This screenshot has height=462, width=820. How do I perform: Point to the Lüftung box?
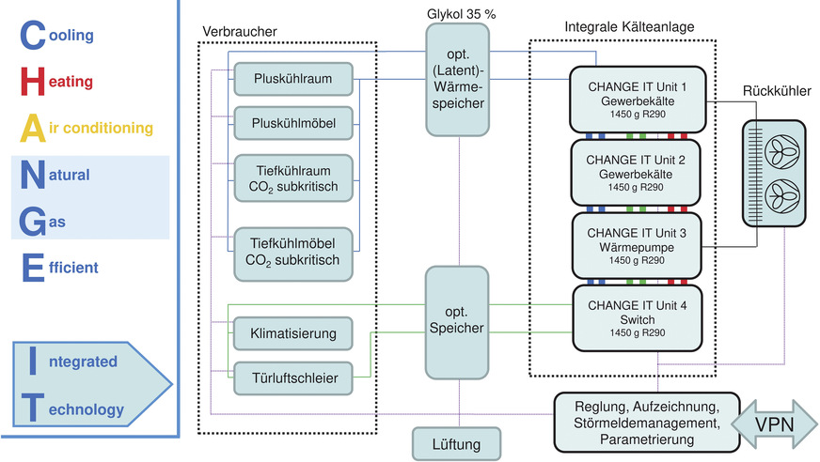pyautogui.click(x=457, y=442)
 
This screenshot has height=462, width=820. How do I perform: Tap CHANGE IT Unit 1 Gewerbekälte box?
pyautogui.click(x=639, y=99)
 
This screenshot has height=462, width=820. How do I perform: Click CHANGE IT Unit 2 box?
pyautogui.click(x=639, y=172)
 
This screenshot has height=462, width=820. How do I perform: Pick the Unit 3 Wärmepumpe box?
pyautogui.click(x=639, y=245)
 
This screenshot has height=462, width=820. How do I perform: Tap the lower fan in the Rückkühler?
pyautogui.click(x=778, y=194)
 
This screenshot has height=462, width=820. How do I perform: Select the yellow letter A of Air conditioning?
pyautogui.click(x=31, y=128)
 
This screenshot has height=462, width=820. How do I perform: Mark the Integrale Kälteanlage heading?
pyautogui.click(x=630, y=27)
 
